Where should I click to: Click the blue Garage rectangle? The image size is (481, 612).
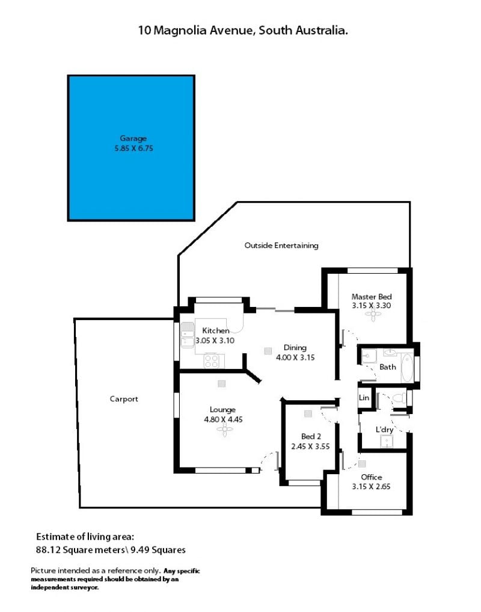pos(131,148)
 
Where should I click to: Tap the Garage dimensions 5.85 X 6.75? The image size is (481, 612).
pos(134,148)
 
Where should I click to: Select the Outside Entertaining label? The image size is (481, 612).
pos(281,246)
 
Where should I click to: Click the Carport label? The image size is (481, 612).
pos(124,399)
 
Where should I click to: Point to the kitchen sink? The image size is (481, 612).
pos(187,335)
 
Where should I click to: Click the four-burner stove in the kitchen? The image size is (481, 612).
pos(212,360)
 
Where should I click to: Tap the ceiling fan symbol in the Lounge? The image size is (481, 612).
pos(225,430)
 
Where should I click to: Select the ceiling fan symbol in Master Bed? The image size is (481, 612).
pos(373,314)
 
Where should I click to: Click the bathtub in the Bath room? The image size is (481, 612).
pos(407,368)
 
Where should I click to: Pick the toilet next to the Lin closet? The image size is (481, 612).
pos(399,398)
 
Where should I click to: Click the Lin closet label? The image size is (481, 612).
pos(364,398)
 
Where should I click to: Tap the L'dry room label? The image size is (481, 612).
pos(384,430)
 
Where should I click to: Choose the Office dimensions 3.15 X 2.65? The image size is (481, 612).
pos(371,487)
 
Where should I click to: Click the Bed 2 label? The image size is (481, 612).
pos(311,436)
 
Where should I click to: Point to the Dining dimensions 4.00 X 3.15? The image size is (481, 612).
pos(295,357)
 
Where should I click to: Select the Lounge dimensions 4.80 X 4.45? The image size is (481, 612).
pos(223,419)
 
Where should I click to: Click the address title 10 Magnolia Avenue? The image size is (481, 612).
pos(197,31)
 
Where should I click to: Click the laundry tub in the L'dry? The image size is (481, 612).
pos(387,442)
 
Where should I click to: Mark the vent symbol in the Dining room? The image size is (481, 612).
pos(268,351)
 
